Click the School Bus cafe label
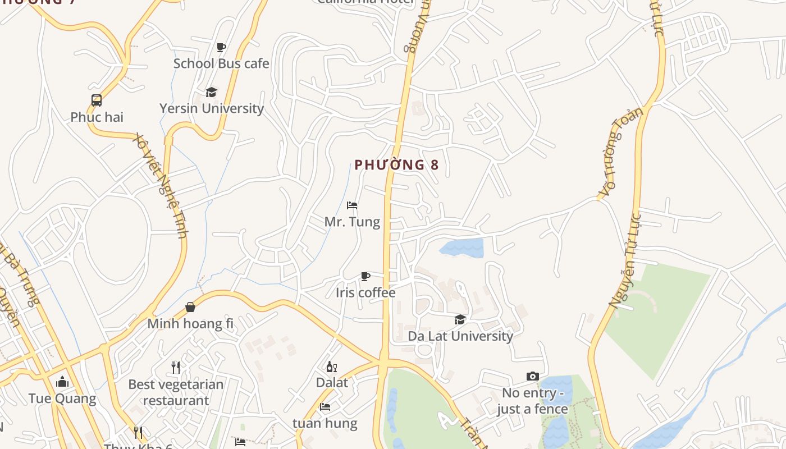point(221,63)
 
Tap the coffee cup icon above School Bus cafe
point(221,47)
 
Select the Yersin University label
point(212,108)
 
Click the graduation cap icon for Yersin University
point(211,92)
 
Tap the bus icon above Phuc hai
point(97,100)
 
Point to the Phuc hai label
point(97,117)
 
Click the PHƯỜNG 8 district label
point(396,165)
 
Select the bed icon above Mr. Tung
point(352,205)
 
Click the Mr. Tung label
point(352,222)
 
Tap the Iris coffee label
point(365,292)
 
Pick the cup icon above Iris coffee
point(365,276)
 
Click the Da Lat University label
point(460,336)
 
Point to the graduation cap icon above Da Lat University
point(460,319)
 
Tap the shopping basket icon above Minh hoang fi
point(190,307)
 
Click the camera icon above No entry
point(532,376)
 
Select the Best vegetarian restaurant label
point(176,392)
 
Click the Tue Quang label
point(62,399)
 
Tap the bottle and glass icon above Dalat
point(332,367)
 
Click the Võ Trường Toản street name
point(620,152)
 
